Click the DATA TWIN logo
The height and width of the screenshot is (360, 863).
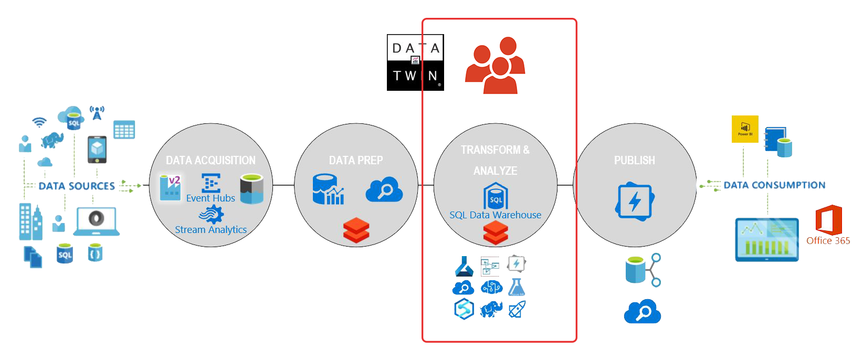coord(415,62)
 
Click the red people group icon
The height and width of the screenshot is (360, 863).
coord(494,65)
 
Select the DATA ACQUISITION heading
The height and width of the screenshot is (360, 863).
coord(211,161)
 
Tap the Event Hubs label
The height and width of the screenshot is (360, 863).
coord(211,198)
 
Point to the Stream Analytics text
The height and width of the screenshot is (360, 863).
coord(211,230)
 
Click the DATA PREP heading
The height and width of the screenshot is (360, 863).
coord(356,161)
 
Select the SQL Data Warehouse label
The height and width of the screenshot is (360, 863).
coord(495,215)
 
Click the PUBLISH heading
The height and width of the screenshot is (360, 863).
coord(634,161)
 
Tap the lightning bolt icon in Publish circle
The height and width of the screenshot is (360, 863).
coord(635,202)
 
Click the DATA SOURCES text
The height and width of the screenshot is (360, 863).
coord(77,186)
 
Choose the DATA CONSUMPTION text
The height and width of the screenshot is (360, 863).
coord(774,185)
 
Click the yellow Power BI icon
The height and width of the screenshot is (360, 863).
coord(745,129)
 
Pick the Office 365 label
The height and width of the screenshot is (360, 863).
coord(828,241)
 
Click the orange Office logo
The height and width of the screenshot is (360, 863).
coord(828,220)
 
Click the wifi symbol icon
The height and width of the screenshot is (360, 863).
coord(39,122)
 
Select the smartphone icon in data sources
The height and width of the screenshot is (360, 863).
coord(97,150)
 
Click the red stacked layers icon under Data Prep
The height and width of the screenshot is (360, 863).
coord(356,230)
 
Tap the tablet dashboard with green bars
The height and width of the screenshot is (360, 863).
coord(767,239)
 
